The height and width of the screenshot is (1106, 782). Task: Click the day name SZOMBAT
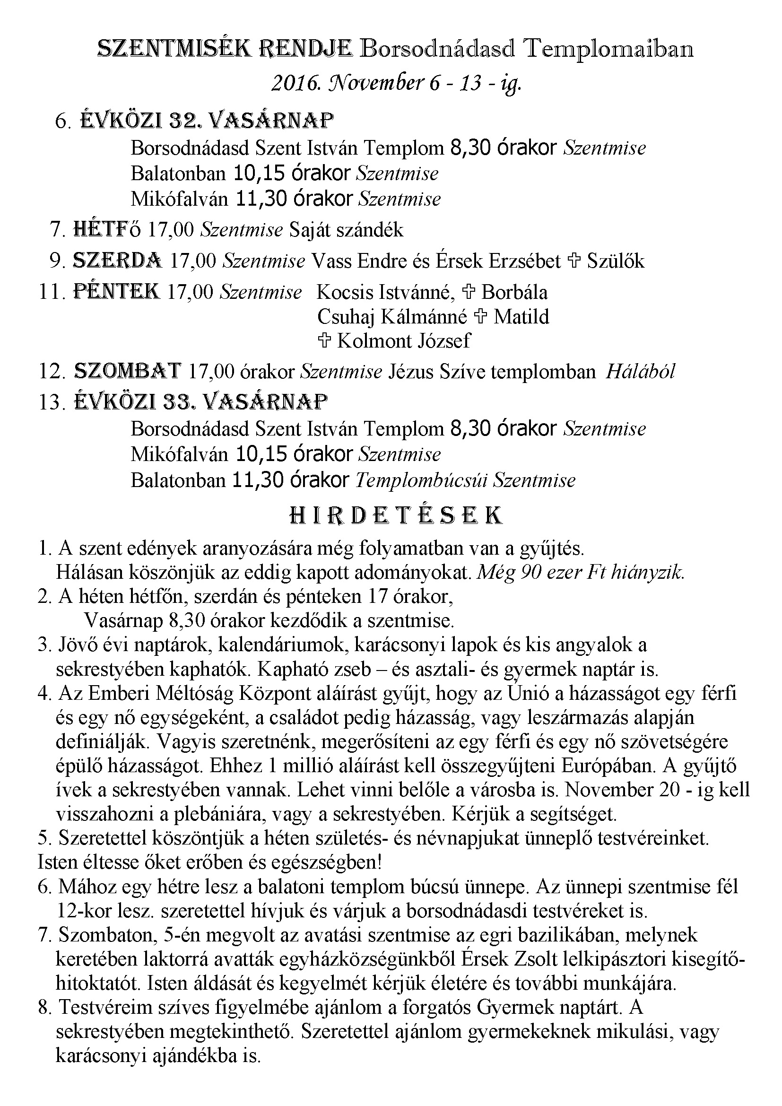(x=128, y=371)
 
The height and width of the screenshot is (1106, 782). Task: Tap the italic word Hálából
(x=640, y=371)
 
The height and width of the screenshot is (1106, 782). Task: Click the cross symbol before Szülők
(x=574, y=261)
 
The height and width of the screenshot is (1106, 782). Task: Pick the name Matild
(x=521, y=317)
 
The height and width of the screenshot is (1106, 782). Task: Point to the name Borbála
(x=514, y=292)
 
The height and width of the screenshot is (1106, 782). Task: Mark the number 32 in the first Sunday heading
(x=176, y=121)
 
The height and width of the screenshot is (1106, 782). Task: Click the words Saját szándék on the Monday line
(x=346, y=230)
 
